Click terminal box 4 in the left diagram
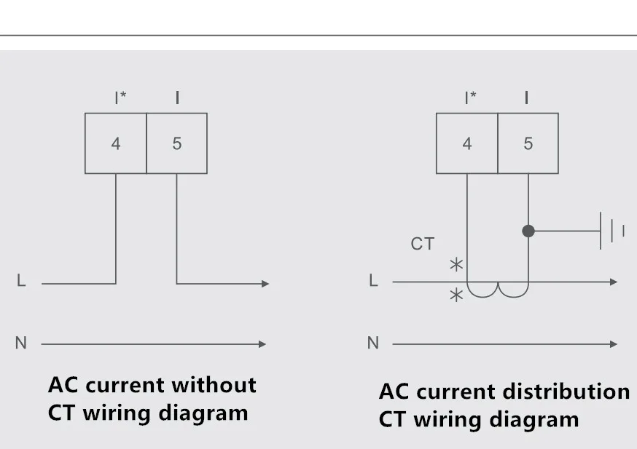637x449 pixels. pos(115,143)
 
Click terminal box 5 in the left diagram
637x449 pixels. pos(176,143)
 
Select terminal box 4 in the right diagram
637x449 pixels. pos(466,143)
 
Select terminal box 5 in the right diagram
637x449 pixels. pos(528,143)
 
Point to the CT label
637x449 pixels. pos(422,244)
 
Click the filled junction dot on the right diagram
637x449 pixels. pos(528,231)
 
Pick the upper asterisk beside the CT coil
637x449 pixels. pos(456,265)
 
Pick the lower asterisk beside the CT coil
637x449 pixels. pos(456,295)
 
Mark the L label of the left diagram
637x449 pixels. pos(21,281)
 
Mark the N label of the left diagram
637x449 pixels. pos(20,343)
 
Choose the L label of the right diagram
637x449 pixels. pos(373,281)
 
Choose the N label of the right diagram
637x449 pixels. pos(373,343)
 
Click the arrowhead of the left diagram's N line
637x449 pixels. pos(262,343)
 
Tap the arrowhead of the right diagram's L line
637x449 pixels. pos(614,282)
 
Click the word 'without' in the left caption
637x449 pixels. pos(214,384)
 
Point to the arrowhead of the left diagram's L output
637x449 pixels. pos(265,283)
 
